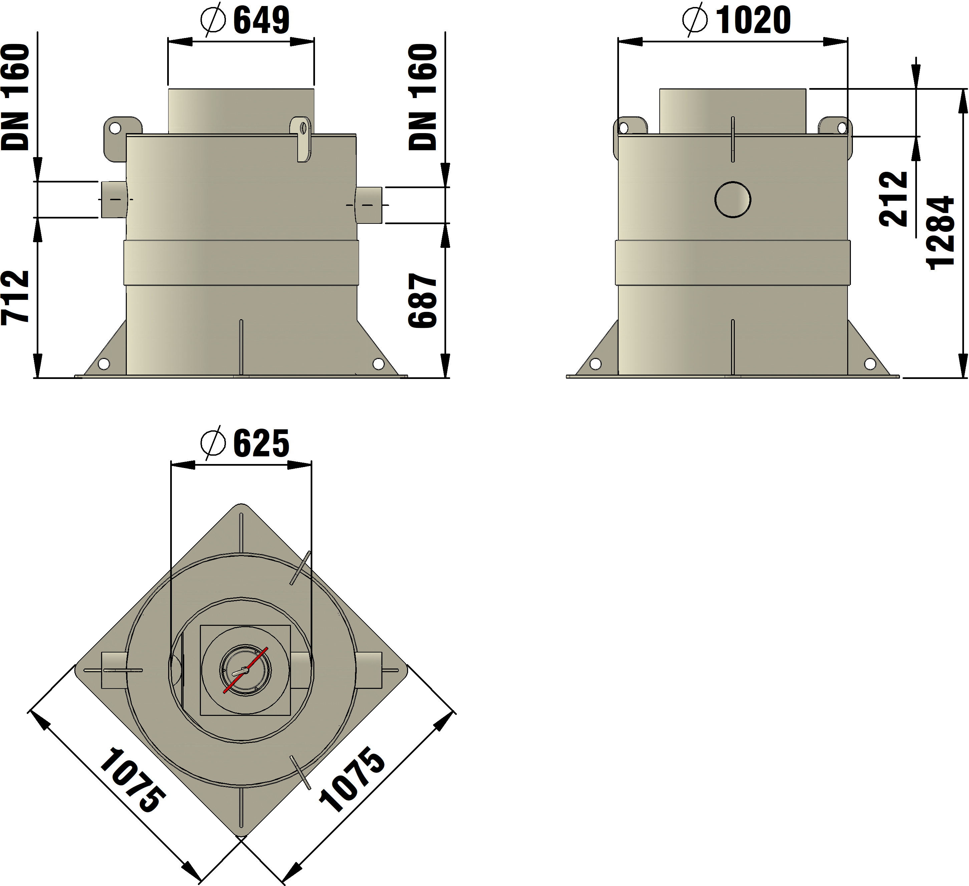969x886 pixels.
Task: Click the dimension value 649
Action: tap(262, 20)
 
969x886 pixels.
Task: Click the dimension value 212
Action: tap(893, 199)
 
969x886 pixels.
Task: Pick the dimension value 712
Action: tap(15, 298)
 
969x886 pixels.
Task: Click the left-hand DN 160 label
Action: tap(15, 97)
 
